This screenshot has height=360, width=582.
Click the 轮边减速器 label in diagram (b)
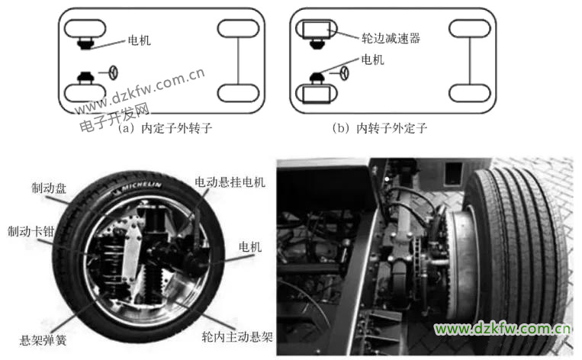391,38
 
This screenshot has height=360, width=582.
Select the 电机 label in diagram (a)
139,40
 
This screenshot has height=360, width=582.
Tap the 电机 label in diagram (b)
373,59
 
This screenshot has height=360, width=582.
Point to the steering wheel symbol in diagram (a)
113,72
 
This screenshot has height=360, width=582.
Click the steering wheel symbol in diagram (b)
345,73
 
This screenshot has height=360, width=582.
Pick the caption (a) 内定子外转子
166,128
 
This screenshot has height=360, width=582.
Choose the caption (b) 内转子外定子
379,128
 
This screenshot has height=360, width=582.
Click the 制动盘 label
49,188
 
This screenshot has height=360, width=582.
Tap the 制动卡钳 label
31,232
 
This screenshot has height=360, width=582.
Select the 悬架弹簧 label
43,340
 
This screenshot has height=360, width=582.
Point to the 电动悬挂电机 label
230,182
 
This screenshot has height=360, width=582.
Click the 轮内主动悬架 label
237,336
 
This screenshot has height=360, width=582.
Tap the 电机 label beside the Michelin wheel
250,246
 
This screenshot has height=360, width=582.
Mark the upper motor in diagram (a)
85,43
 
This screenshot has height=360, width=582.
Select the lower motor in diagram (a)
85,78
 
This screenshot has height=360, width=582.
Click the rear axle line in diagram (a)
238,61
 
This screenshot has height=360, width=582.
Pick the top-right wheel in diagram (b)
470,29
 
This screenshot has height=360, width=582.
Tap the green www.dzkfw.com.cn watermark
502,329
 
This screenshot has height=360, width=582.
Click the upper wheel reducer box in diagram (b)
316,30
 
